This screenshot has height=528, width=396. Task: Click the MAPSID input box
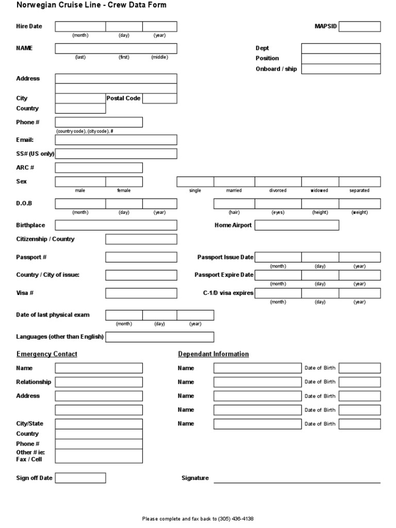coord(359,26)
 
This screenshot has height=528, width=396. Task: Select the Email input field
coord(115,140)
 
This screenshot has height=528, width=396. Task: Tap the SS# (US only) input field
coord(115,154)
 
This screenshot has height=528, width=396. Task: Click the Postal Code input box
coord(159,98)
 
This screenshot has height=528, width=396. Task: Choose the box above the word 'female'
coord(124,181)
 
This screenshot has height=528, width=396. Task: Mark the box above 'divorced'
coord(278,181)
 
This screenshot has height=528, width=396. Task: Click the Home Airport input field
coord(296,225)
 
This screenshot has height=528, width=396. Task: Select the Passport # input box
coord(141,257)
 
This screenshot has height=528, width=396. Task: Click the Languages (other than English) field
coord(159,337)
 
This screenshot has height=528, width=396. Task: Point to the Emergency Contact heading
coord(47,354)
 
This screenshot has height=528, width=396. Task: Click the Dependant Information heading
coord(213,354)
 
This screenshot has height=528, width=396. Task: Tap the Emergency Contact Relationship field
coord(98,382)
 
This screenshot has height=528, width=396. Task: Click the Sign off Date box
coord(80,478)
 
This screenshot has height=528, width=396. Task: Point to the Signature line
coord(296,479)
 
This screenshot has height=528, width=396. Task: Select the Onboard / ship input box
coord(341,69)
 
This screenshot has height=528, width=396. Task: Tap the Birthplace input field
coord(115,225)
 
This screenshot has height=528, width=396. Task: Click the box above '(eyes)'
coord(278,204)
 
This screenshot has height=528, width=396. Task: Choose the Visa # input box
coord(141,293)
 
